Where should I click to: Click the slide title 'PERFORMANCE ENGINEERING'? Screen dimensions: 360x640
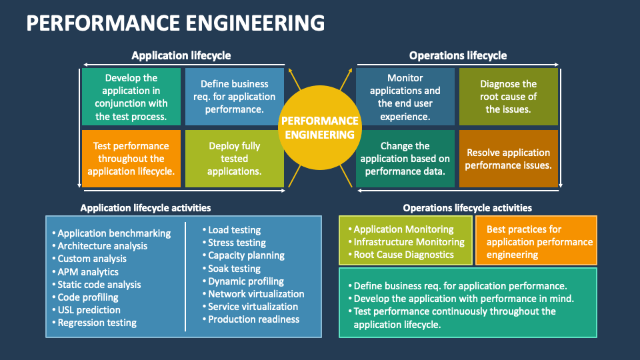[x=175, y=23]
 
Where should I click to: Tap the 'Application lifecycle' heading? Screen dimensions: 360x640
[x=181, y=55]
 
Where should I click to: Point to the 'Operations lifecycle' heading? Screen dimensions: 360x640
[x=457, y=55]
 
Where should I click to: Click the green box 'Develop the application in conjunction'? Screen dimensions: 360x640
[x=131, y=97]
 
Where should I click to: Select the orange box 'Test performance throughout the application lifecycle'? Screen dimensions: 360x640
[x=131, y=159]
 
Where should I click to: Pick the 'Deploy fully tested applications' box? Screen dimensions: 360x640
[x=234, y=159]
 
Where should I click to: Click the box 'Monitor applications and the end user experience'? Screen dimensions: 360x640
[x=405, y=97]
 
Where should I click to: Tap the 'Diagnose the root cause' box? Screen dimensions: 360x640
[x=508, y=97]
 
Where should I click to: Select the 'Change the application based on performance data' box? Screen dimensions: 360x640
[x=405, y=159]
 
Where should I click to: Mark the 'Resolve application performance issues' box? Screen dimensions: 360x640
[x=508, y=159]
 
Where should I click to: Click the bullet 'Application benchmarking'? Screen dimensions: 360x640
[x=114, y=233]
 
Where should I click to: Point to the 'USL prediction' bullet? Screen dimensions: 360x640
[x=89, y=310]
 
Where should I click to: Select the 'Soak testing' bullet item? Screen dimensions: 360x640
[x=234, y=269]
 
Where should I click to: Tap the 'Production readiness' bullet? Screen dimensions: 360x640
[x=253, y=319]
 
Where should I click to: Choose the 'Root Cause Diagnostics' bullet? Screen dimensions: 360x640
[x=403, y=255]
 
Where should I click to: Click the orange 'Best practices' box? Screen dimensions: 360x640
[x=536, y=241]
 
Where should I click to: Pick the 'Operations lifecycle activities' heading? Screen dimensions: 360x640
[x=467, y=208]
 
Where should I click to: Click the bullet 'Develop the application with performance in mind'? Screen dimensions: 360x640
[x=463, y=299]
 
